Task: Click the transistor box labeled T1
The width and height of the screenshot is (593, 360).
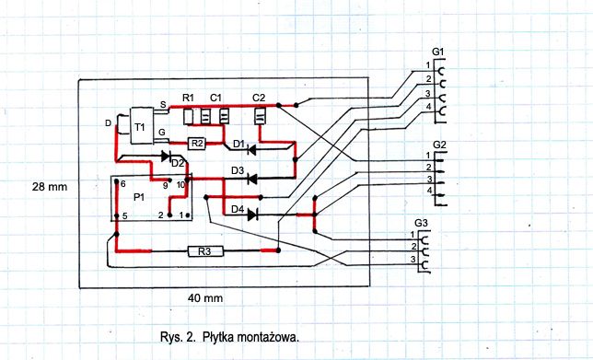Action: [x=142, y=126]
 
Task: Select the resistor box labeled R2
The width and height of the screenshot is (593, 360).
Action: [x=196, y=144]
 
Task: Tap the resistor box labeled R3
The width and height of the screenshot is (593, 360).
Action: [x=205, y=251]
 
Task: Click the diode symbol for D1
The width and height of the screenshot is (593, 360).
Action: [x=252, y=150]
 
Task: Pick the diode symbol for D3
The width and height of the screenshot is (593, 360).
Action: [x=252, y=178]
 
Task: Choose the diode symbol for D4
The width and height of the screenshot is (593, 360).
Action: [x=252, y=215]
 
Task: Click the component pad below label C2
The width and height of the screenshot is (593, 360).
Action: [x=260, y=116]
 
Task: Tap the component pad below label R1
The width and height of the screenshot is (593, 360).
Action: [x=189, y=117]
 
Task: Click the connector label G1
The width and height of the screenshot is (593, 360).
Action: [x=437, y=52]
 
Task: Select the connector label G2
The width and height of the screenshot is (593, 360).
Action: [x=439, y=145]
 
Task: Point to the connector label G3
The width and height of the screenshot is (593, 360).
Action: [x=421, y=223]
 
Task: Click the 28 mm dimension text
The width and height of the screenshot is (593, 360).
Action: [x=50, y=186]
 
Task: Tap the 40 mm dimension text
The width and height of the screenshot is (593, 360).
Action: [x=205, y=298]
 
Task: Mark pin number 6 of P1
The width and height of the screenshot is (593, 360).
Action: [x=122, y=184]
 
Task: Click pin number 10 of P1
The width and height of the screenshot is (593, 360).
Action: [x=180, y=185]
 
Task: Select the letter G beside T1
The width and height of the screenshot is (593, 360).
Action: [x=162, y=133]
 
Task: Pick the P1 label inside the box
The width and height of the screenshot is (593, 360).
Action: [x=139, y=197]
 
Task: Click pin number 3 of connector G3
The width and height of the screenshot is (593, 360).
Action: [x=413, y=260]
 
